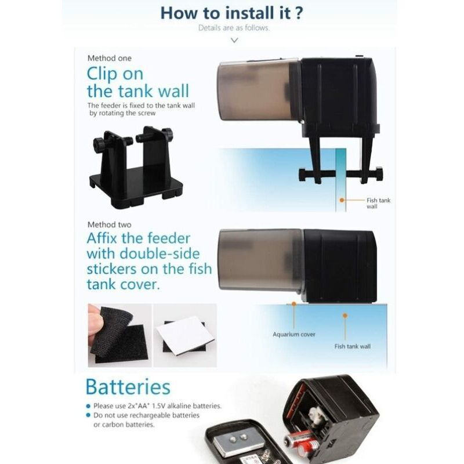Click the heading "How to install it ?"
231,13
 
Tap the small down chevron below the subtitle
234,40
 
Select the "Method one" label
109,59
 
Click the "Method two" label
109,224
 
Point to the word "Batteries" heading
128,387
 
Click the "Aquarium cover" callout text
294,335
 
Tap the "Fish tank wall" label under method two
352,346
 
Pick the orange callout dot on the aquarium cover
294,304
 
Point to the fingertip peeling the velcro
95,320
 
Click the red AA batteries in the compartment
302,443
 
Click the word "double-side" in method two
159,254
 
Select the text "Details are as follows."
234,28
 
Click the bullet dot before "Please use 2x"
88,406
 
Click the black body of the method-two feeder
340,266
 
